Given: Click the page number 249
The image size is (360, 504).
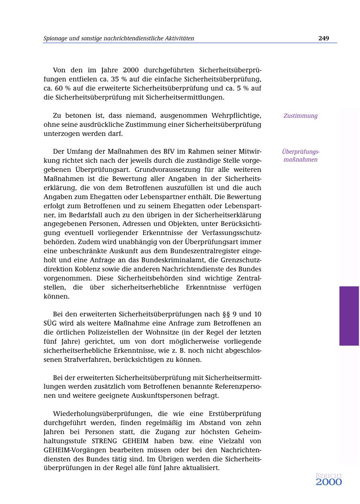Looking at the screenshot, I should coord(324,38).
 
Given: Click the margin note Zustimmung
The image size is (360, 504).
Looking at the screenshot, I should coord(300,116).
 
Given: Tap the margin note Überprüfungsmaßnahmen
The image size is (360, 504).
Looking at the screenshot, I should coord(300,155).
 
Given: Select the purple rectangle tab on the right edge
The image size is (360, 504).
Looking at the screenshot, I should coord(349,316).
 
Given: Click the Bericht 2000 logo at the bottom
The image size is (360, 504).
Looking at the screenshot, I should coord(329,480).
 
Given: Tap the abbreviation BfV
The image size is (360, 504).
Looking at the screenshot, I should coord(170,151).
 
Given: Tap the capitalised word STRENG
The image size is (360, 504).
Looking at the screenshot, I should coord(104,441).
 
